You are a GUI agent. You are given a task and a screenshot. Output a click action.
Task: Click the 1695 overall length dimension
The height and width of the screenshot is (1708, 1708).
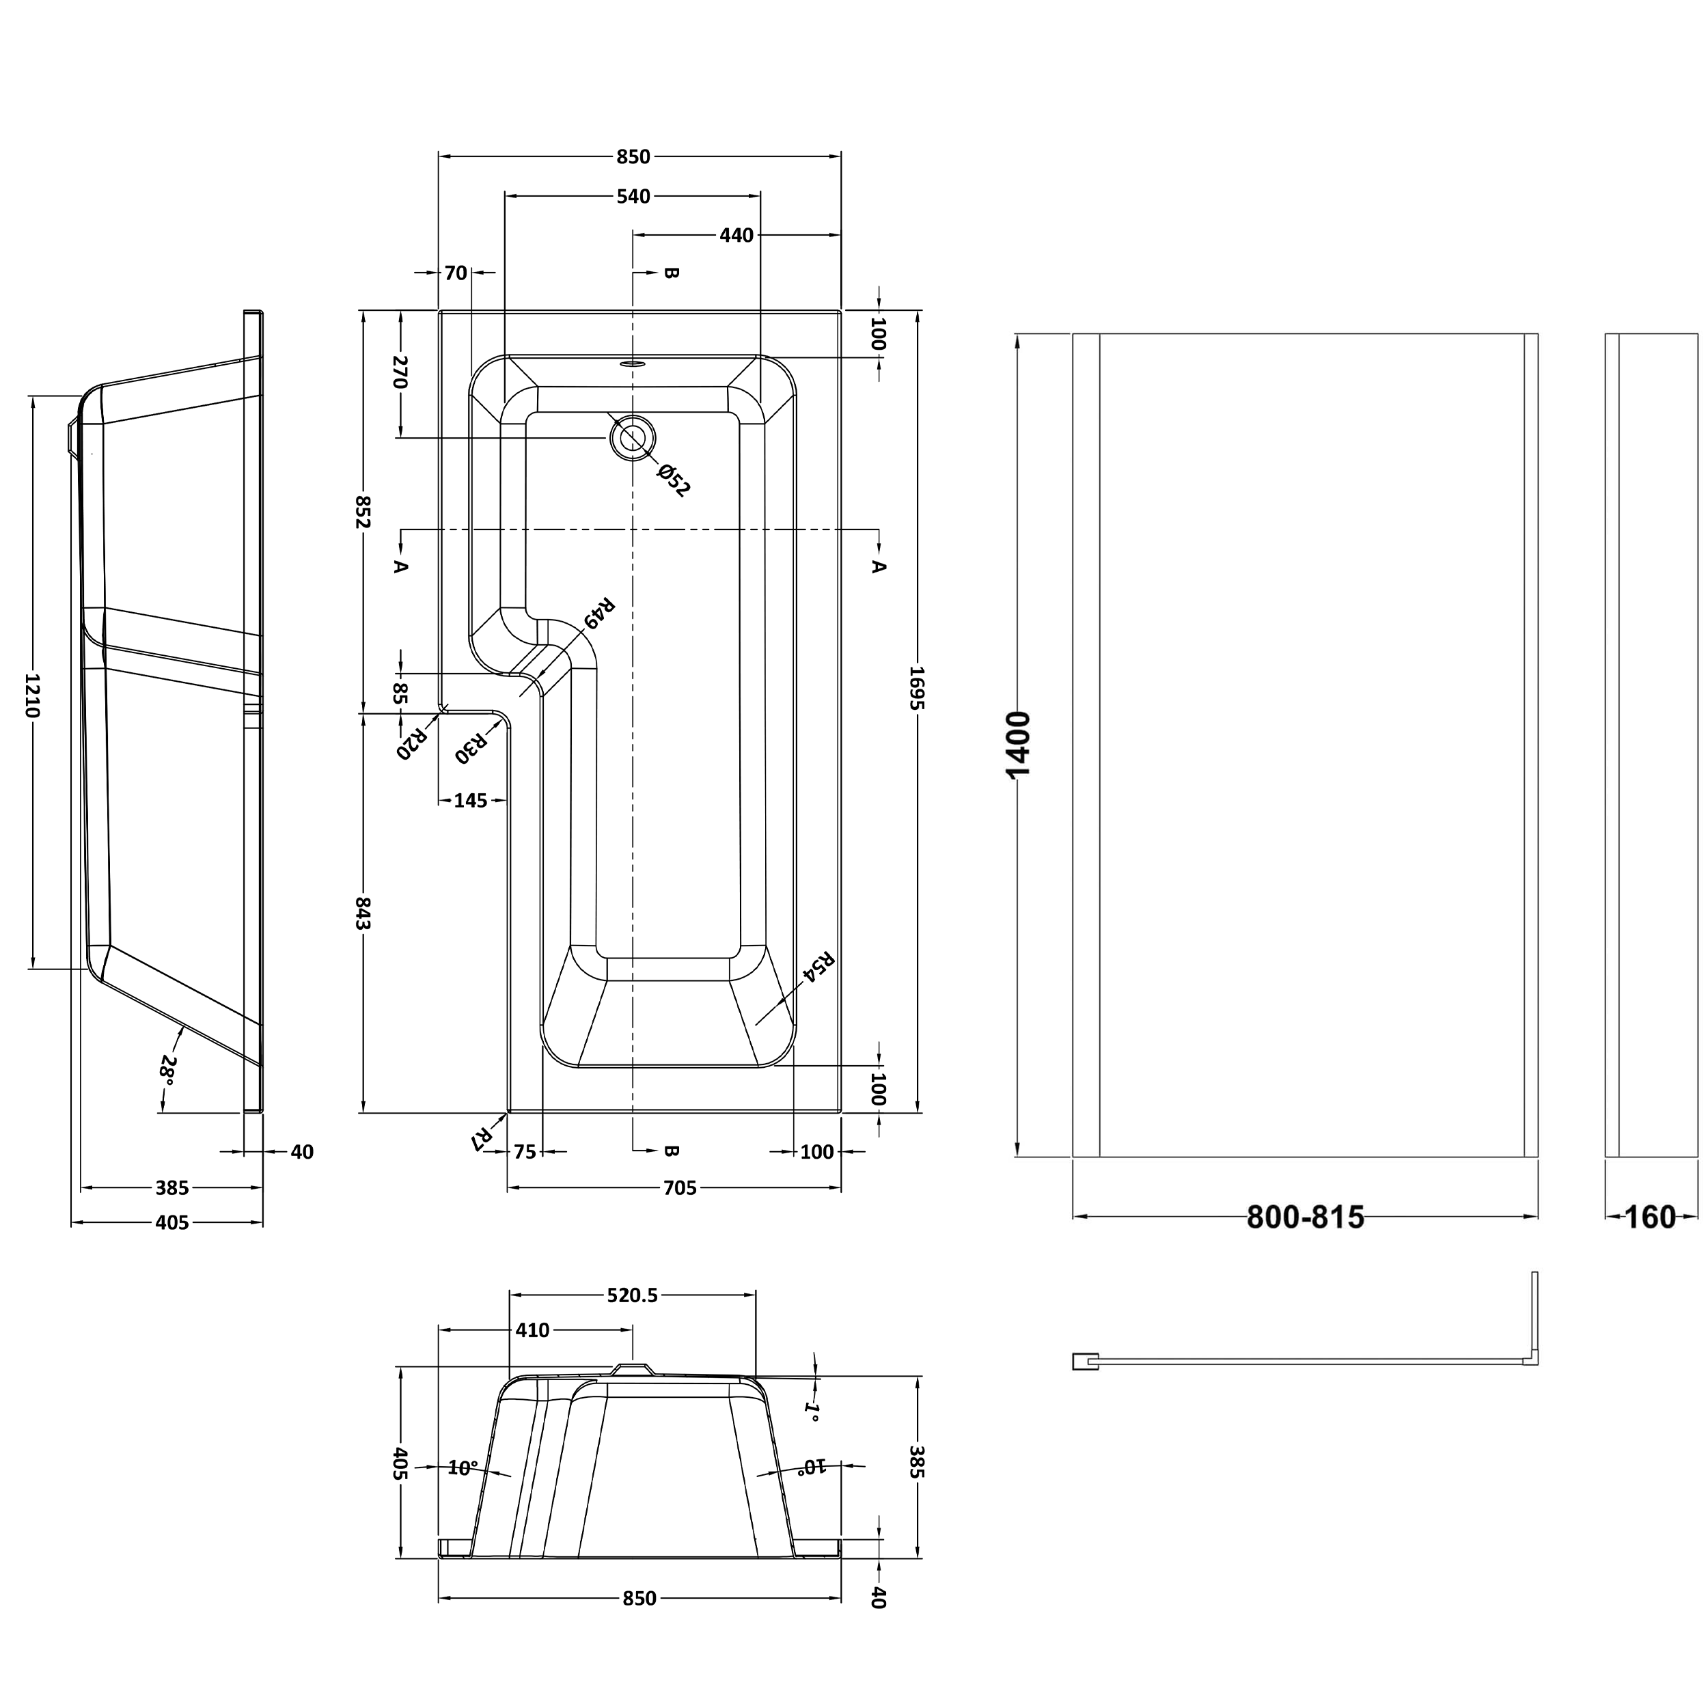917,713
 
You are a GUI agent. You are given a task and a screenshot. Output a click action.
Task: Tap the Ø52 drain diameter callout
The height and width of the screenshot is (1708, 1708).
674,478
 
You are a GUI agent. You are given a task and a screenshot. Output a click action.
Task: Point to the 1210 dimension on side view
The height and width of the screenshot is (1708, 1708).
33,695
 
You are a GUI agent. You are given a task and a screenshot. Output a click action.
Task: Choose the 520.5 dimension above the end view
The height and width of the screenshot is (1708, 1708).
632,1295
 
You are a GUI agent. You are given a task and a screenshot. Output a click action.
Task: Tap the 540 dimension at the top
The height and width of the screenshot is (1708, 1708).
633,196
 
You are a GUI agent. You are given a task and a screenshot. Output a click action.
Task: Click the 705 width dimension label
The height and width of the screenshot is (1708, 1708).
679,1188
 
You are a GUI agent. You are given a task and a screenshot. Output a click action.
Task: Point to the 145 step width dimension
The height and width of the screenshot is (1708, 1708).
470,800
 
